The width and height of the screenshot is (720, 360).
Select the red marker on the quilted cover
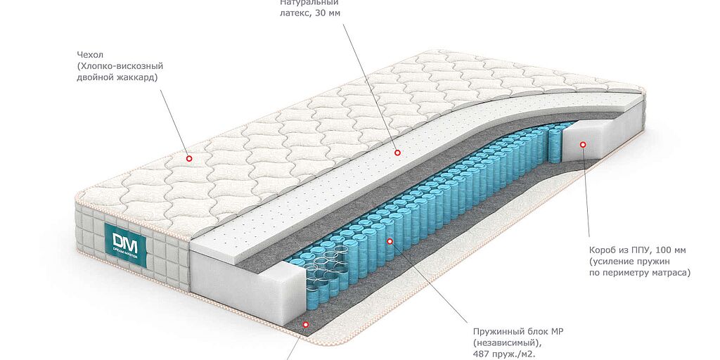(188, 158)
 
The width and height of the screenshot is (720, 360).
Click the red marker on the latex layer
(397, 153)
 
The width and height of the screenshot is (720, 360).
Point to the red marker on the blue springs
(390, 240)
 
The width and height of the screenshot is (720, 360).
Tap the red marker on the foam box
(583, 144)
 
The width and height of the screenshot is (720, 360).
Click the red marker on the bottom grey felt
(305, 324)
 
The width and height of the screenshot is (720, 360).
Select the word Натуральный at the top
(306, 2)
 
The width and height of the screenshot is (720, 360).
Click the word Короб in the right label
(602, 251)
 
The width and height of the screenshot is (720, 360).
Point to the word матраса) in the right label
(671, 274)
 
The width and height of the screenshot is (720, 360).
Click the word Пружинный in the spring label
(496, 332)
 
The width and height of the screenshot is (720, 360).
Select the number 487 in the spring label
(481, 354)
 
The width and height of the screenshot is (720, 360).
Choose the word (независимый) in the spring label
(504, 342)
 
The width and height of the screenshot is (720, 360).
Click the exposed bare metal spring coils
(337, 270)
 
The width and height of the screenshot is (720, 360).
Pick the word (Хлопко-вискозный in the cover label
(120, 66)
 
